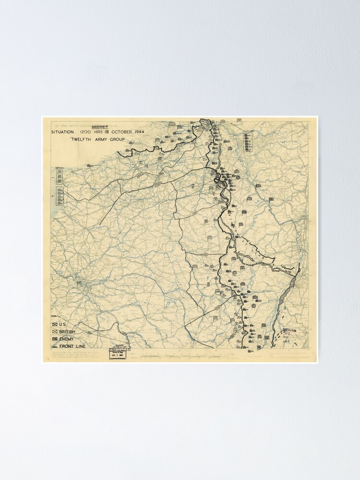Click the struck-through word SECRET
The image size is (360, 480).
(100, 126)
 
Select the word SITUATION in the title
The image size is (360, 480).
(63, 132)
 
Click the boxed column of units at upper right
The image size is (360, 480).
(248, 142)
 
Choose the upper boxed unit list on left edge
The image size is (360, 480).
(60, 176)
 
